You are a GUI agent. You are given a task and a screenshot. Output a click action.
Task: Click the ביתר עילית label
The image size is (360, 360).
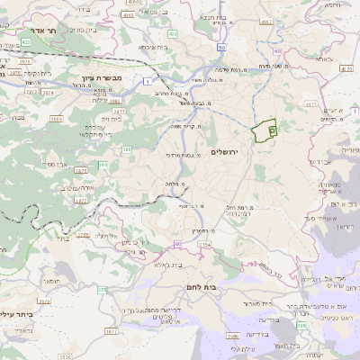[18, 314]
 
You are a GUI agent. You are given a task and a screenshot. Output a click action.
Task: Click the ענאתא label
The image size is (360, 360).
[324, 60]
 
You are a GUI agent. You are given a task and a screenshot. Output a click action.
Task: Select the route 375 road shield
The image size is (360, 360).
[102, 289]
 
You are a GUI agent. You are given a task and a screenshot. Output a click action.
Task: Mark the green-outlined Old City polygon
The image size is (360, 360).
[264, 131]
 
